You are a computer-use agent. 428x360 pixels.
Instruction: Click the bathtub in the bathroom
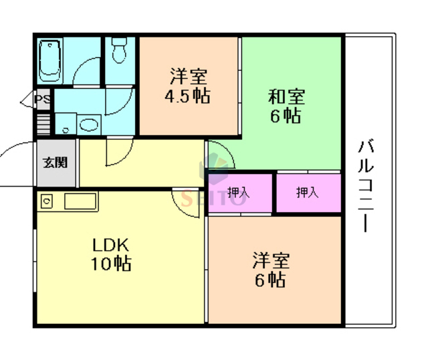51,60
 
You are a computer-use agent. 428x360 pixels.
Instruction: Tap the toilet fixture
120,51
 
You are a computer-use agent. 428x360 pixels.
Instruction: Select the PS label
43,101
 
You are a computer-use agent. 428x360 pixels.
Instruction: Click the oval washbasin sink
88,124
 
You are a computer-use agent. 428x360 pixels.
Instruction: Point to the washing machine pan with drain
66,123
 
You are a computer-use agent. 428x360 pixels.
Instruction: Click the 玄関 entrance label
56,162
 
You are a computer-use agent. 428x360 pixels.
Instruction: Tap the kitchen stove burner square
47,200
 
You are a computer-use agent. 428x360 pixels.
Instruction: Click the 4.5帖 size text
187,96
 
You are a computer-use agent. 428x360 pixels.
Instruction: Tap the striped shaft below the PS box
43,124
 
